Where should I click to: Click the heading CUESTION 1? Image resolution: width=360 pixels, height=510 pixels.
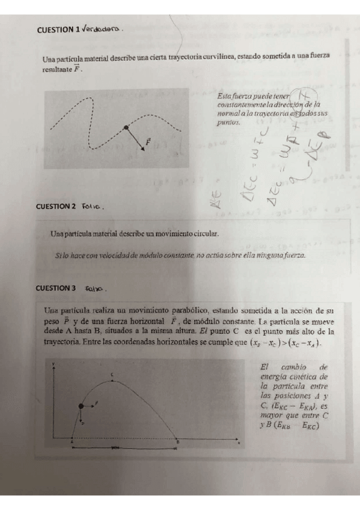pyautogui.click(x=58, y=29)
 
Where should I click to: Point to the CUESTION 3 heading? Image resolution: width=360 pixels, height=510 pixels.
pyautogui.click(x=56, y=288)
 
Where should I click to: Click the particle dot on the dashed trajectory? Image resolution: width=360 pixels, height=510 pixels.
pyautogui.click(x=126, y=127)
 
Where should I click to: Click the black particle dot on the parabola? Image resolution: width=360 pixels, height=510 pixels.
pyautogui.click(x=81, y=407)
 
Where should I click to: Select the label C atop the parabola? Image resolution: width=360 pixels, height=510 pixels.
pyautogui.click(x=112, y=375)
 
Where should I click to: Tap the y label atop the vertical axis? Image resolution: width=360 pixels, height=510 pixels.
pyautogui.click(x=54, y=364)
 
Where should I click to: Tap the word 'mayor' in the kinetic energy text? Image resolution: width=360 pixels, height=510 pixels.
pyautogui.click(x=267, y=414)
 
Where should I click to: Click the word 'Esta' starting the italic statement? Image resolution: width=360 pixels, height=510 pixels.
pyautogui.click(x=225, y=96)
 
